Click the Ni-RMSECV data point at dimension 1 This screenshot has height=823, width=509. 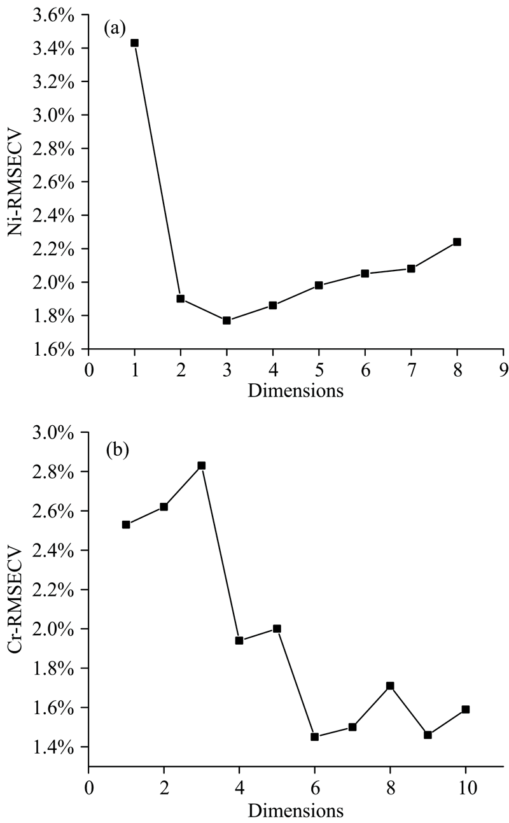134,43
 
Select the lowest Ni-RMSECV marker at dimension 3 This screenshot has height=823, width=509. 227,320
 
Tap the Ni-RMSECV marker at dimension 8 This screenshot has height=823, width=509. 457,242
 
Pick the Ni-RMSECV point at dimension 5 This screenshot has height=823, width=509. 319,285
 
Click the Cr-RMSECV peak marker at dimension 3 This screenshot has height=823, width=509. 201,465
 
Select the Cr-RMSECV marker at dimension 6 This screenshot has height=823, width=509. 314,736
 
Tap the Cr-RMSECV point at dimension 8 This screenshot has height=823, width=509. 390,686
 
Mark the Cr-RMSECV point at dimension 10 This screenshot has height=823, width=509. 465,709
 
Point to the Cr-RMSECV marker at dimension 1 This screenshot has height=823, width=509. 126,524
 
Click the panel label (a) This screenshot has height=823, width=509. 116,29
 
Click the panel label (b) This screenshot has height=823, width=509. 116,451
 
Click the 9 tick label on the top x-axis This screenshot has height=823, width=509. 503,370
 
